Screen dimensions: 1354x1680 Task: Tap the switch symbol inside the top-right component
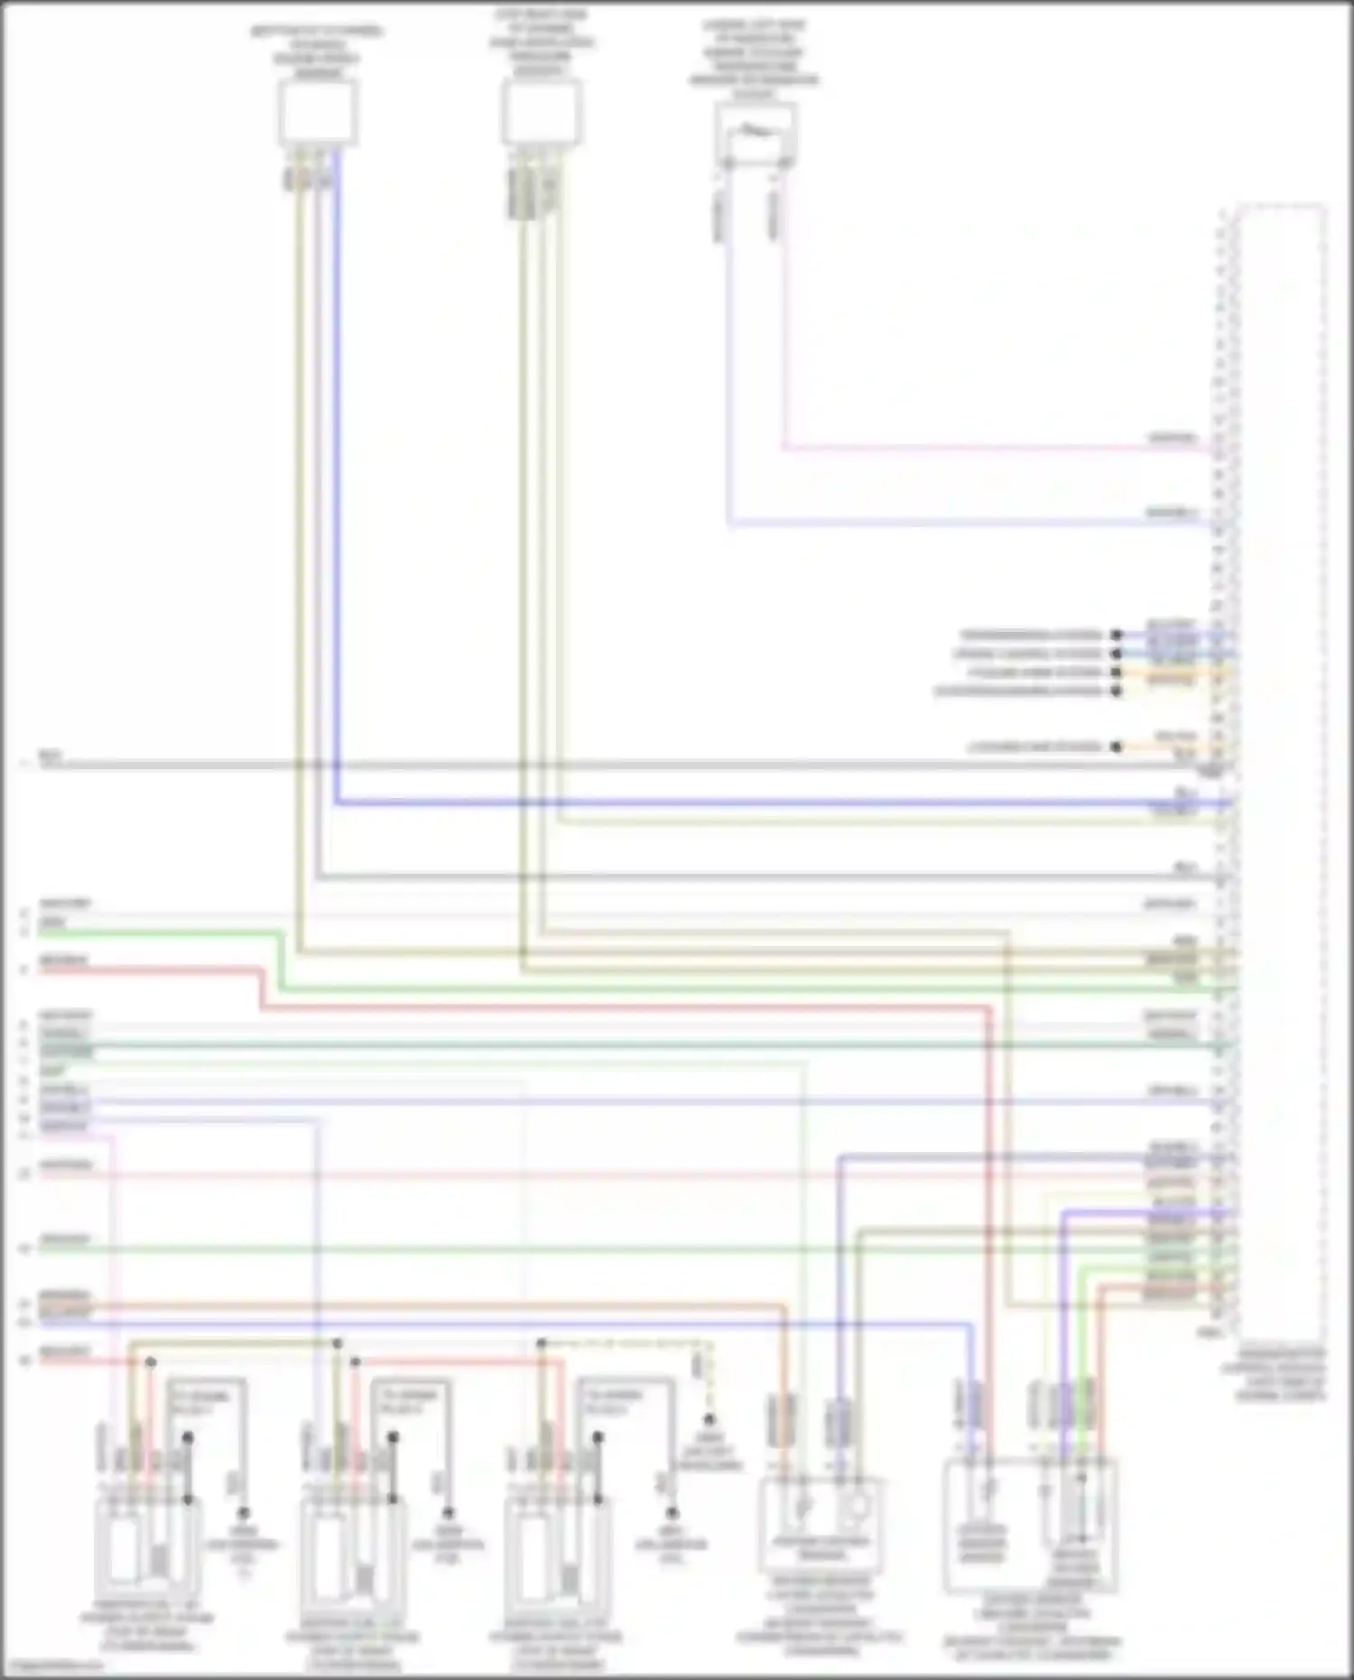(756, 133)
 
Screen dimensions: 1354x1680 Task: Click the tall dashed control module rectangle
(1280, 767)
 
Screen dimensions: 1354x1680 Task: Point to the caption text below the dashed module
(1280, 1375)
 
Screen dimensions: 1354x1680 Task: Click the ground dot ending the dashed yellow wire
(709, 1420)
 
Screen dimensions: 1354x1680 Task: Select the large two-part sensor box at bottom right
(1030, 1526)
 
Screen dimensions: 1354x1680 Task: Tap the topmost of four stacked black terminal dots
(1117, 636)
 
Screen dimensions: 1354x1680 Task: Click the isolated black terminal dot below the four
(1117, 747)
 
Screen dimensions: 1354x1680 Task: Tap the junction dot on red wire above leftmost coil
(151, 1362)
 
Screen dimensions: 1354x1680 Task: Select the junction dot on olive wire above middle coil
(337, 1343)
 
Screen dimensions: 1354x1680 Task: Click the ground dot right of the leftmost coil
(243, 1512)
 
